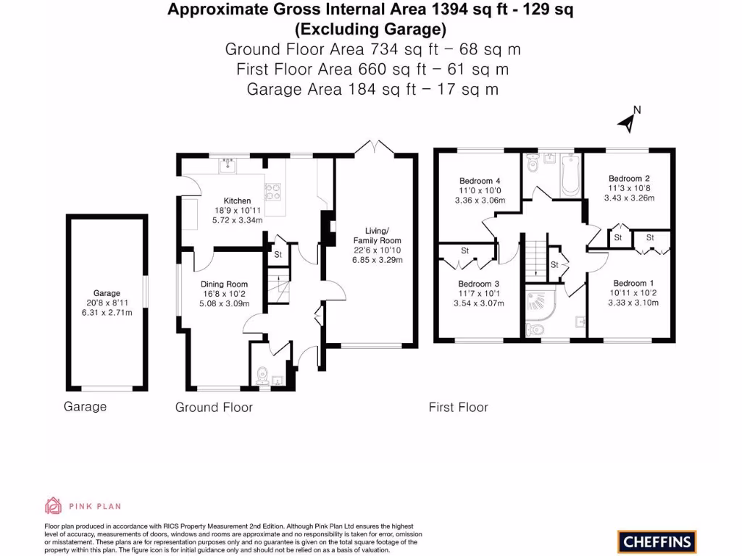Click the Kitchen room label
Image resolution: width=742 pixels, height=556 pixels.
click(x=237, y=201)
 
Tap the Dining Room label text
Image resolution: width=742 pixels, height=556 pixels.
click(x=224, y=285)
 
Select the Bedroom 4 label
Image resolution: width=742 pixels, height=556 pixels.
click(x=479, y=181)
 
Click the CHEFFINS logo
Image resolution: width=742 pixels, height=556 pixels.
click(x=657, y=540)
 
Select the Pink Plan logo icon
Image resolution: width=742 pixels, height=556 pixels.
click(x=53, y=505)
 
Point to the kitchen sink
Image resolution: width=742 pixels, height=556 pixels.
click(x=229, y=166)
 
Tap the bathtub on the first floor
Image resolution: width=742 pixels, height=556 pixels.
click(x=570, y=174)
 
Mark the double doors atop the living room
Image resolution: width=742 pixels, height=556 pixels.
click(x=374, y=146)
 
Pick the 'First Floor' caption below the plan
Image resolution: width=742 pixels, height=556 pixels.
click(x=458, y=408)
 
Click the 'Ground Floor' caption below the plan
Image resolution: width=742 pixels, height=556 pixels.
click(x=214, y=408)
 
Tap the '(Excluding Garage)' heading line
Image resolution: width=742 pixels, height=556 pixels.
click(x=370, y=30)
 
